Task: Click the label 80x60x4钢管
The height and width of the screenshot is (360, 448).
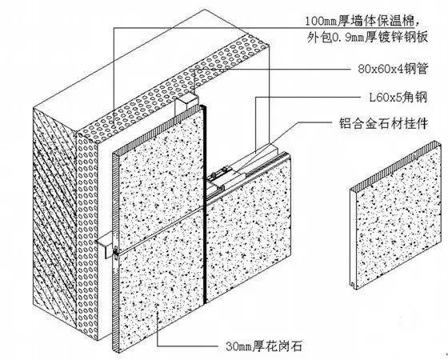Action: click(x=393, y=69)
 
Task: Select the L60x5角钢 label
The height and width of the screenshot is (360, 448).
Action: click(x=398, y=98)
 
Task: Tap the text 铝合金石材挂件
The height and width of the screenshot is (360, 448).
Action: click(x=383, y=124)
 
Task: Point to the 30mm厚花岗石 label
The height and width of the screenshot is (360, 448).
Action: click(x=264, y=346)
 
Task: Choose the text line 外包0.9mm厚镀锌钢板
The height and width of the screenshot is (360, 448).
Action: click(x=367, y=38)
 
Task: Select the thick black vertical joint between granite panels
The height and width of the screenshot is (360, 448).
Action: click(x=204, y=204)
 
